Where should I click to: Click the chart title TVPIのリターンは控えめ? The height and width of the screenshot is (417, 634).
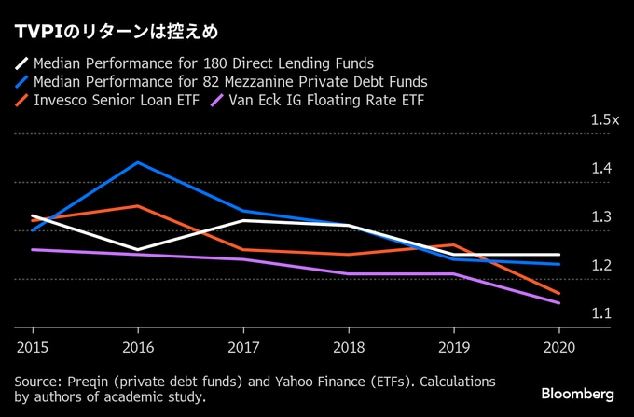[117, 33]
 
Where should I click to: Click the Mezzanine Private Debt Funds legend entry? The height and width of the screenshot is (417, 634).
[229, 81]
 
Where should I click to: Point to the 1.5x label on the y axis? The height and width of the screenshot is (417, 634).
[605, 120]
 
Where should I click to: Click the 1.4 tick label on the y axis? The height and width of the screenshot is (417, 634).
[601, 169]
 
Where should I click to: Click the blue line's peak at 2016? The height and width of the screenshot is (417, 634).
[138, 162]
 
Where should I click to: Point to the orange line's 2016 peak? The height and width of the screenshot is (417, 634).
[138, 205]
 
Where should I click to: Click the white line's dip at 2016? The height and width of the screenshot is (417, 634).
[138, 250]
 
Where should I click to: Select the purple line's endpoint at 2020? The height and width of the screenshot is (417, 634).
[559, 303]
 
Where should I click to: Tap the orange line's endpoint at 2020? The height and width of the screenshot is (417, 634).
[559, 293]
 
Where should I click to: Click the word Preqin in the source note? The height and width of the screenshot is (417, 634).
[86, 382]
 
